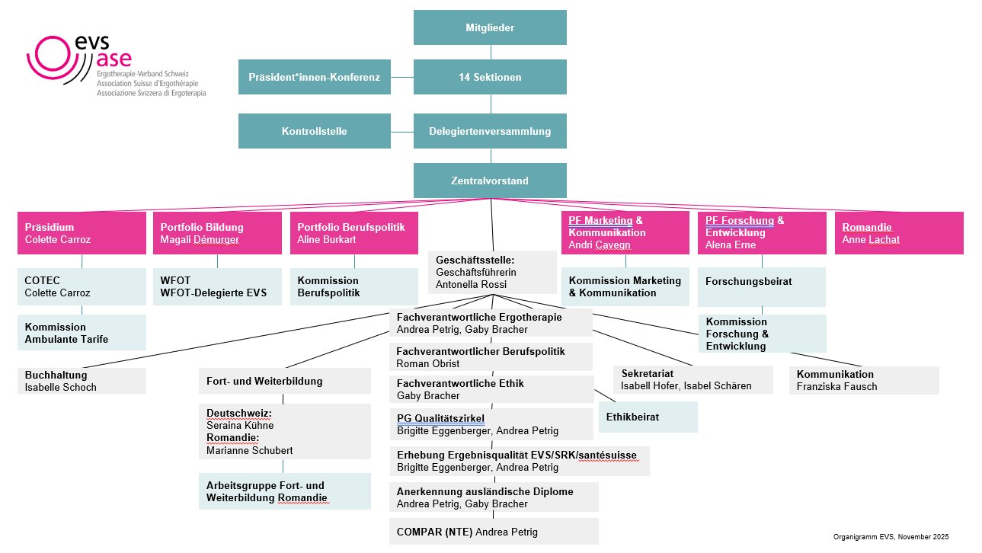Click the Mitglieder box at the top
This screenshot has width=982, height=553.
click(x=490, y=27)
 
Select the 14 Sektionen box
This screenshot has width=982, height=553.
click(x=490, y=77)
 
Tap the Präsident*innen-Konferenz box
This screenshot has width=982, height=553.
click(x=314, y=77)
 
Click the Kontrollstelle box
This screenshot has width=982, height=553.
click(x=314, y=131)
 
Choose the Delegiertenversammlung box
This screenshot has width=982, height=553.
click(x=490, y=131)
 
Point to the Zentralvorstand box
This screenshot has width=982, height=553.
click(x=490, y=181)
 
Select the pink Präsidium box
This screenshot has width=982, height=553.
click(x=82, y=233)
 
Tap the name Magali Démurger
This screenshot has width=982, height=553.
click(x=200, y=240)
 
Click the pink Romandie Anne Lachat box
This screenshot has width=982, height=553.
click(x=899, y=233)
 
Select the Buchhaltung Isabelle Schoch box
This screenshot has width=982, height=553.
click(x=82, y=381)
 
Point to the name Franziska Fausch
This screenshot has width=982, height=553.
click(x=837, y=386)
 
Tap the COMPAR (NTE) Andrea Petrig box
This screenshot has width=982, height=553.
click(x=494, y=532)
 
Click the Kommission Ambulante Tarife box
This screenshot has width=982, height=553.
click(x=82, y=333)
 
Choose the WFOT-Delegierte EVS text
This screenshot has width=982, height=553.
click(x=213, y=292)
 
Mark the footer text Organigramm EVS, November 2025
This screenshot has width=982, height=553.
click(x=891, y=537)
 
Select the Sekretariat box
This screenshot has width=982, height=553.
click(x=693, y=379)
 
